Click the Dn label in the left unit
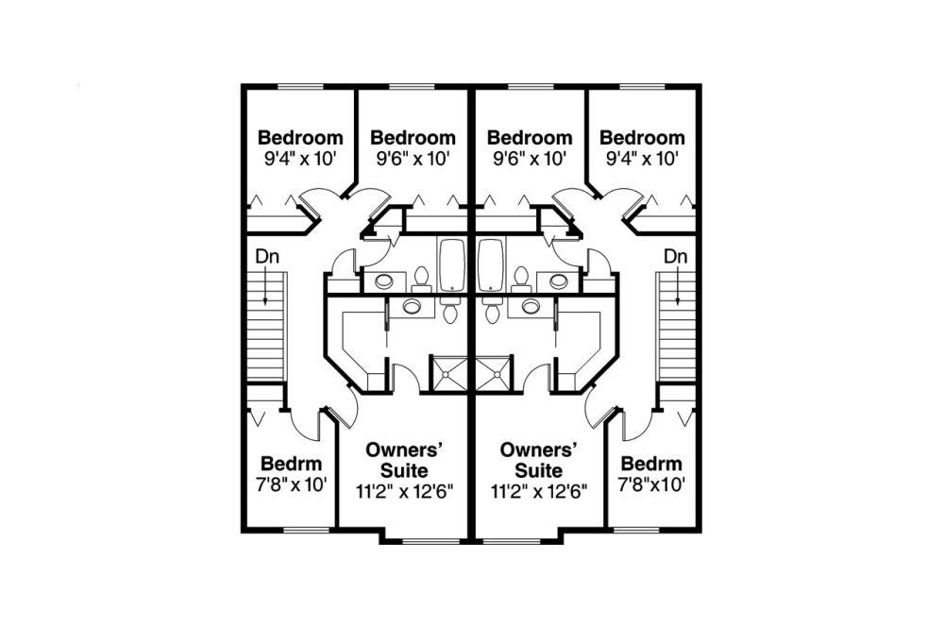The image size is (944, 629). click(267, 257)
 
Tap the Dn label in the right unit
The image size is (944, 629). click(676, 257)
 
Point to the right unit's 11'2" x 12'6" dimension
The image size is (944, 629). click(539, 492)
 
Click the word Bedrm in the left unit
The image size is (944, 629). click(292, 464)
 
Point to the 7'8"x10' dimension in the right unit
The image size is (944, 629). click(651, 484)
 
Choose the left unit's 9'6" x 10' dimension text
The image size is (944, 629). click(413, 159)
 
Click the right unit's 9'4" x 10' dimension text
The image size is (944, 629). click(642, 159)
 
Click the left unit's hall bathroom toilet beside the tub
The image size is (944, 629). click(421, 279)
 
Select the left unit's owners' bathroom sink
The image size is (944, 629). click(412, 306)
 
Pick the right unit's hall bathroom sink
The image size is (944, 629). click(559, 280)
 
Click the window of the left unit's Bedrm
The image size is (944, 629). click(307, 530)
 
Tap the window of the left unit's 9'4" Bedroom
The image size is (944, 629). click(300, 87)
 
